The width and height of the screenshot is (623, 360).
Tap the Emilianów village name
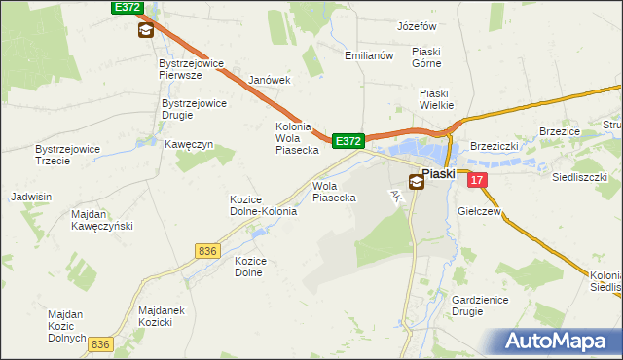(x=368, y=55)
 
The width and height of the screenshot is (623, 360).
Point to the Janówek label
(x=270, y=80)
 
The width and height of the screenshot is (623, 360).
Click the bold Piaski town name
(x=439, y=173)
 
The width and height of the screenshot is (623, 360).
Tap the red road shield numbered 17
(x=476, y=180)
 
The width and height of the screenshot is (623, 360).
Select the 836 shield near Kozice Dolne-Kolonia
(x=206, y=251)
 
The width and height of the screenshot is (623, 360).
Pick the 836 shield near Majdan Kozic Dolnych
(x=100, y=344)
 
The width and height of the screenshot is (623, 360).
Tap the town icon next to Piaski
(x=416, y=181)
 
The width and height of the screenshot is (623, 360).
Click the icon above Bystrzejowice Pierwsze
(x=145, y=30)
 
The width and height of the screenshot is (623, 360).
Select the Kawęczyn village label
(x=189, y=145)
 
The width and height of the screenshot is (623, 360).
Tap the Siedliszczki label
(x=579, y=178)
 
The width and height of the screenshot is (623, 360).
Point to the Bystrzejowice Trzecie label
(x=67, y=155)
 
